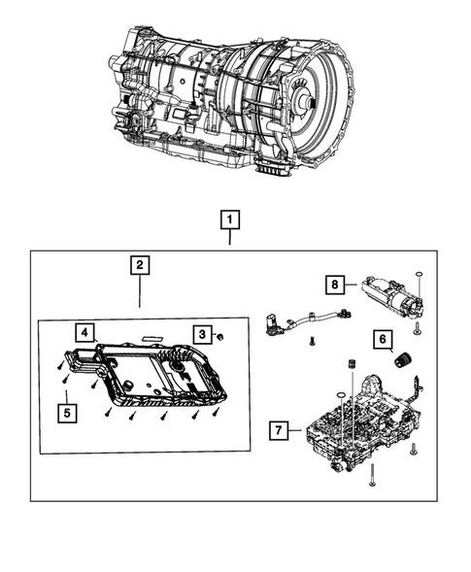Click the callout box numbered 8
333,284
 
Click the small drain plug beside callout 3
220,336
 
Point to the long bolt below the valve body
370,479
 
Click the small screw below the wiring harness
310,341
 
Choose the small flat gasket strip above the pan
153,329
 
